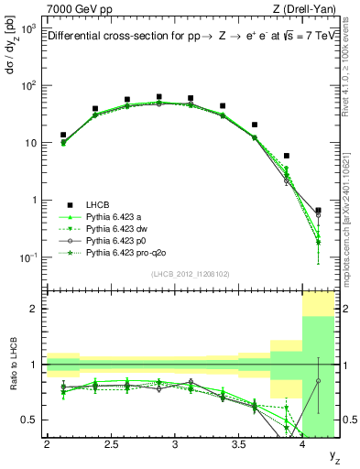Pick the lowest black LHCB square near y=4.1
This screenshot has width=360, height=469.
pyautogui.click(x=318, y=211)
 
